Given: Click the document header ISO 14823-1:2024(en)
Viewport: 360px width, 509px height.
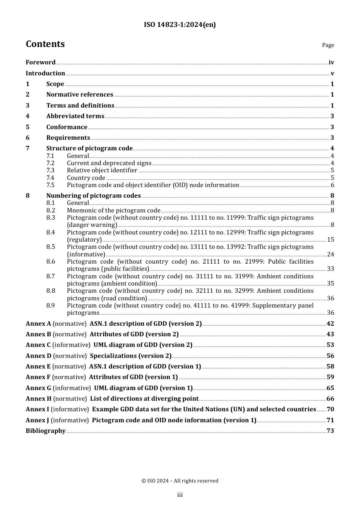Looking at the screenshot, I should [180, 25].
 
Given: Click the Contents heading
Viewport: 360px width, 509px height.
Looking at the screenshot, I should [45, 44].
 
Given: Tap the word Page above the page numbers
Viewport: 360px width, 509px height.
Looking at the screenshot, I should [328, 45].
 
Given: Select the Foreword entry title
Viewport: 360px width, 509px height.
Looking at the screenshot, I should [41, 62].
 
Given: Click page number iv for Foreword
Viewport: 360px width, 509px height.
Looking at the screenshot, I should [331, 62].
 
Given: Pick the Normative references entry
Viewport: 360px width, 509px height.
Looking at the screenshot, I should [80, 95].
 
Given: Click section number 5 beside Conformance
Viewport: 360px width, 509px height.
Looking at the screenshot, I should [28, 127].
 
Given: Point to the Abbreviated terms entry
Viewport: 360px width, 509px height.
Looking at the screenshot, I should [75, 116].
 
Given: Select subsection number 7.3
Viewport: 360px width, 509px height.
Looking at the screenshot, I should [50, 170].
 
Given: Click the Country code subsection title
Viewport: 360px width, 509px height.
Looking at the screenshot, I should [86, 178].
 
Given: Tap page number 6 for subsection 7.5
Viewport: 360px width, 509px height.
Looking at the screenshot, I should [332, 185].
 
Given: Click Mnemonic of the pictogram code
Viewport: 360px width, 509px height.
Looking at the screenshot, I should [114, 211].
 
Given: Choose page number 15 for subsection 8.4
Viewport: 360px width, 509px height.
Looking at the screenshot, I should [330, 240].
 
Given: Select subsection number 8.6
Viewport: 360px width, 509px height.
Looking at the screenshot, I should [51, 262].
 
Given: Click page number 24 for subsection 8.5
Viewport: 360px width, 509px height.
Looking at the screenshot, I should [330, 254].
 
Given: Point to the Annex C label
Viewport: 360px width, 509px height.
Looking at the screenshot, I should [38, 345].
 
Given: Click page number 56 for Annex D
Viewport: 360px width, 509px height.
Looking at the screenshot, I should [330, 356].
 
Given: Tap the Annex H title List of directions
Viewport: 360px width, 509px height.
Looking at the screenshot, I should [144, 399].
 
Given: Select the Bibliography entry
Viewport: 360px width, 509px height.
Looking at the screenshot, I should [45, 431].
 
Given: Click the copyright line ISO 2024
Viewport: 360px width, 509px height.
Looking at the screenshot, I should [180, 481].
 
